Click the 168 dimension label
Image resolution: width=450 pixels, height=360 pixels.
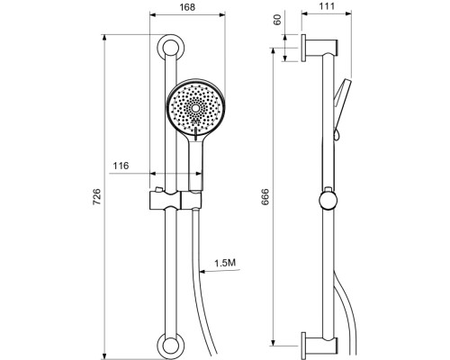(187, 7)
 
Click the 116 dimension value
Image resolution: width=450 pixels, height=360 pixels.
(121, 166)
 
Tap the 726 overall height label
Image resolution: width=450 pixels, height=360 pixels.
(96, 197)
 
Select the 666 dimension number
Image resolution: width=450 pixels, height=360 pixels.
(265, 197)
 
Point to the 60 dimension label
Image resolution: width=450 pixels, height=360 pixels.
(278, 20)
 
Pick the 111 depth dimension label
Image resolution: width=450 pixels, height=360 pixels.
(327, 6)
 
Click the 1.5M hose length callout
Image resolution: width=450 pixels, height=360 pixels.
(225, 263)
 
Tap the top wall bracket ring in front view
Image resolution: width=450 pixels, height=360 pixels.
(171, 49)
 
